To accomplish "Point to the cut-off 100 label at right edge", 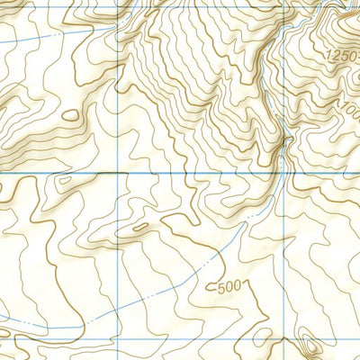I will tap(349, 109).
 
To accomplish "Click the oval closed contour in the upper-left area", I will tap(70, 114).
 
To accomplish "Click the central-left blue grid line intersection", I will tap(121, 171).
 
